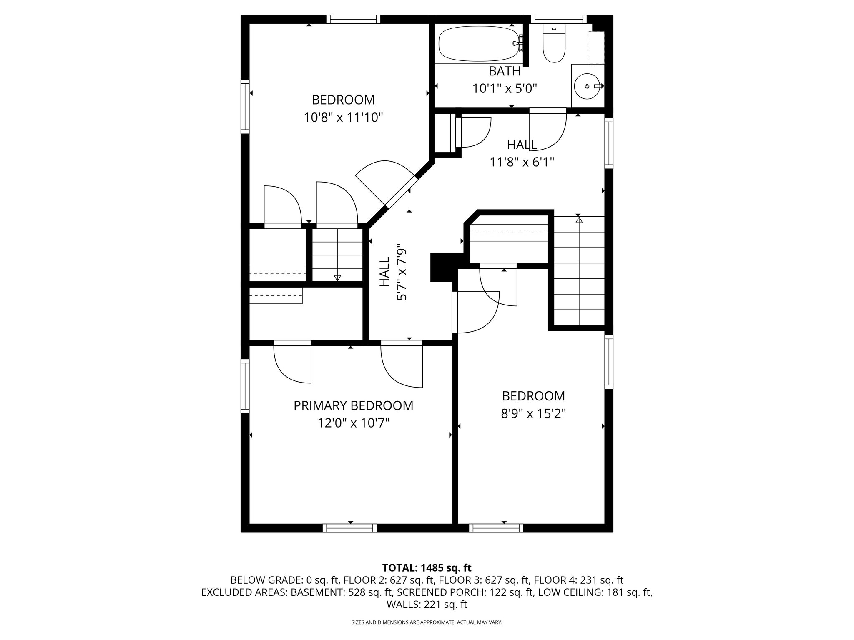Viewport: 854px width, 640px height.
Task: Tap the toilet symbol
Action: coord(553,43)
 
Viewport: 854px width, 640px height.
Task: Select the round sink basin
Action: coord(587,86)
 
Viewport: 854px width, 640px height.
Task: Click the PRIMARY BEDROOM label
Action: coord(353,405)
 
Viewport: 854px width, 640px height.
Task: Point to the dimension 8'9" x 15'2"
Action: coord(533,414)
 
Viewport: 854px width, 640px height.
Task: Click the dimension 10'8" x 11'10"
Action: coord(343,117)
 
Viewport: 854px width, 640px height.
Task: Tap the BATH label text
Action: coord(505,71)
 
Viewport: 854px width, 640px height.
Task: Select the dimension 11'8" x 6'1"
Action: coord(522,162)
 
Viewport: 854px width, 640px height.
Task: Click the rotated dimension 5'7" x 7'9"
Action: coord(401,272)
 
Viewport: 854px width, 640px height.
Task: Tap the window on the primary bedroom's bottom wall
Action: coord(349,528)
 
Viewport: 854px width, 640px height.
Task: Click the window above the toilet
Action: coord(558,19)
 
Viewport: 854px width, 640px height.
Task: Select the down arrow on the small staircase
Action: coord(337,277)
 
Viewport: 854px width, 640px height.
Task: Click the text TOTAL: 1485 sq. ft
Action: coord(427,567)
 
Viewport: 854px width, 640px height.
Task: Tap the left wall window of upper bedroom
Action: coord(245,106)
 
